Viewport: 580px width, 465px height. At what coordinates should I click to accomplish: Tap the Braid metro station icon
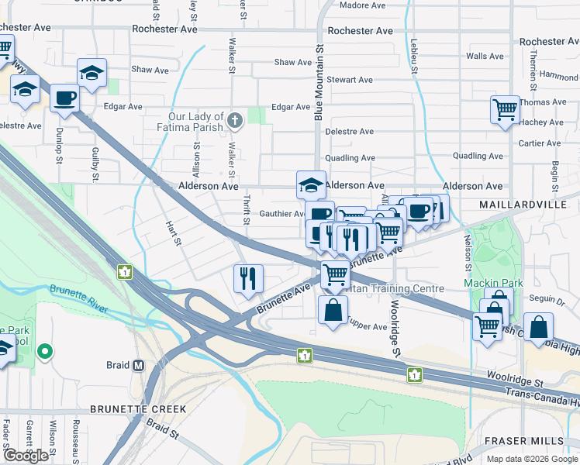(139, 365)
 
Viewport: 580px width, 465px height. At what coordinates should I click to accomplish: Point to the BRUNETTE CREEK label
(138, 408)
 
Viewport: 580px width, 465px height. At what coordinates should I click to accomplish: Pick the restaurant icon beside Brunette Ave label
(249, 278)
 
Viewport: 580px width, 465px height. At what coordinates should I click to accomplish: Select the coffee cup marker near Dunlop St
(64, 98)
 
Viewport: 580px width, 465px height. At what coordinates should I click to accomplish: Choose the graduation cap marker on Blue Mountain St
(310, 184)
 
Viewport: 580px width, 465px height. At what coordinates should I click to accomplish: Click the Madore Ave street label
(363, 5)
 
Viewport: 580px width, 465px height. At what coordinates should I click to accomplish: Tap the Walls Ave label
(485, 57)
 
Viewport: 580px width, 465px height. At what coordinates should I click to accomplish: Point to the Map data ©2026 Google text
(531, 459)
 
